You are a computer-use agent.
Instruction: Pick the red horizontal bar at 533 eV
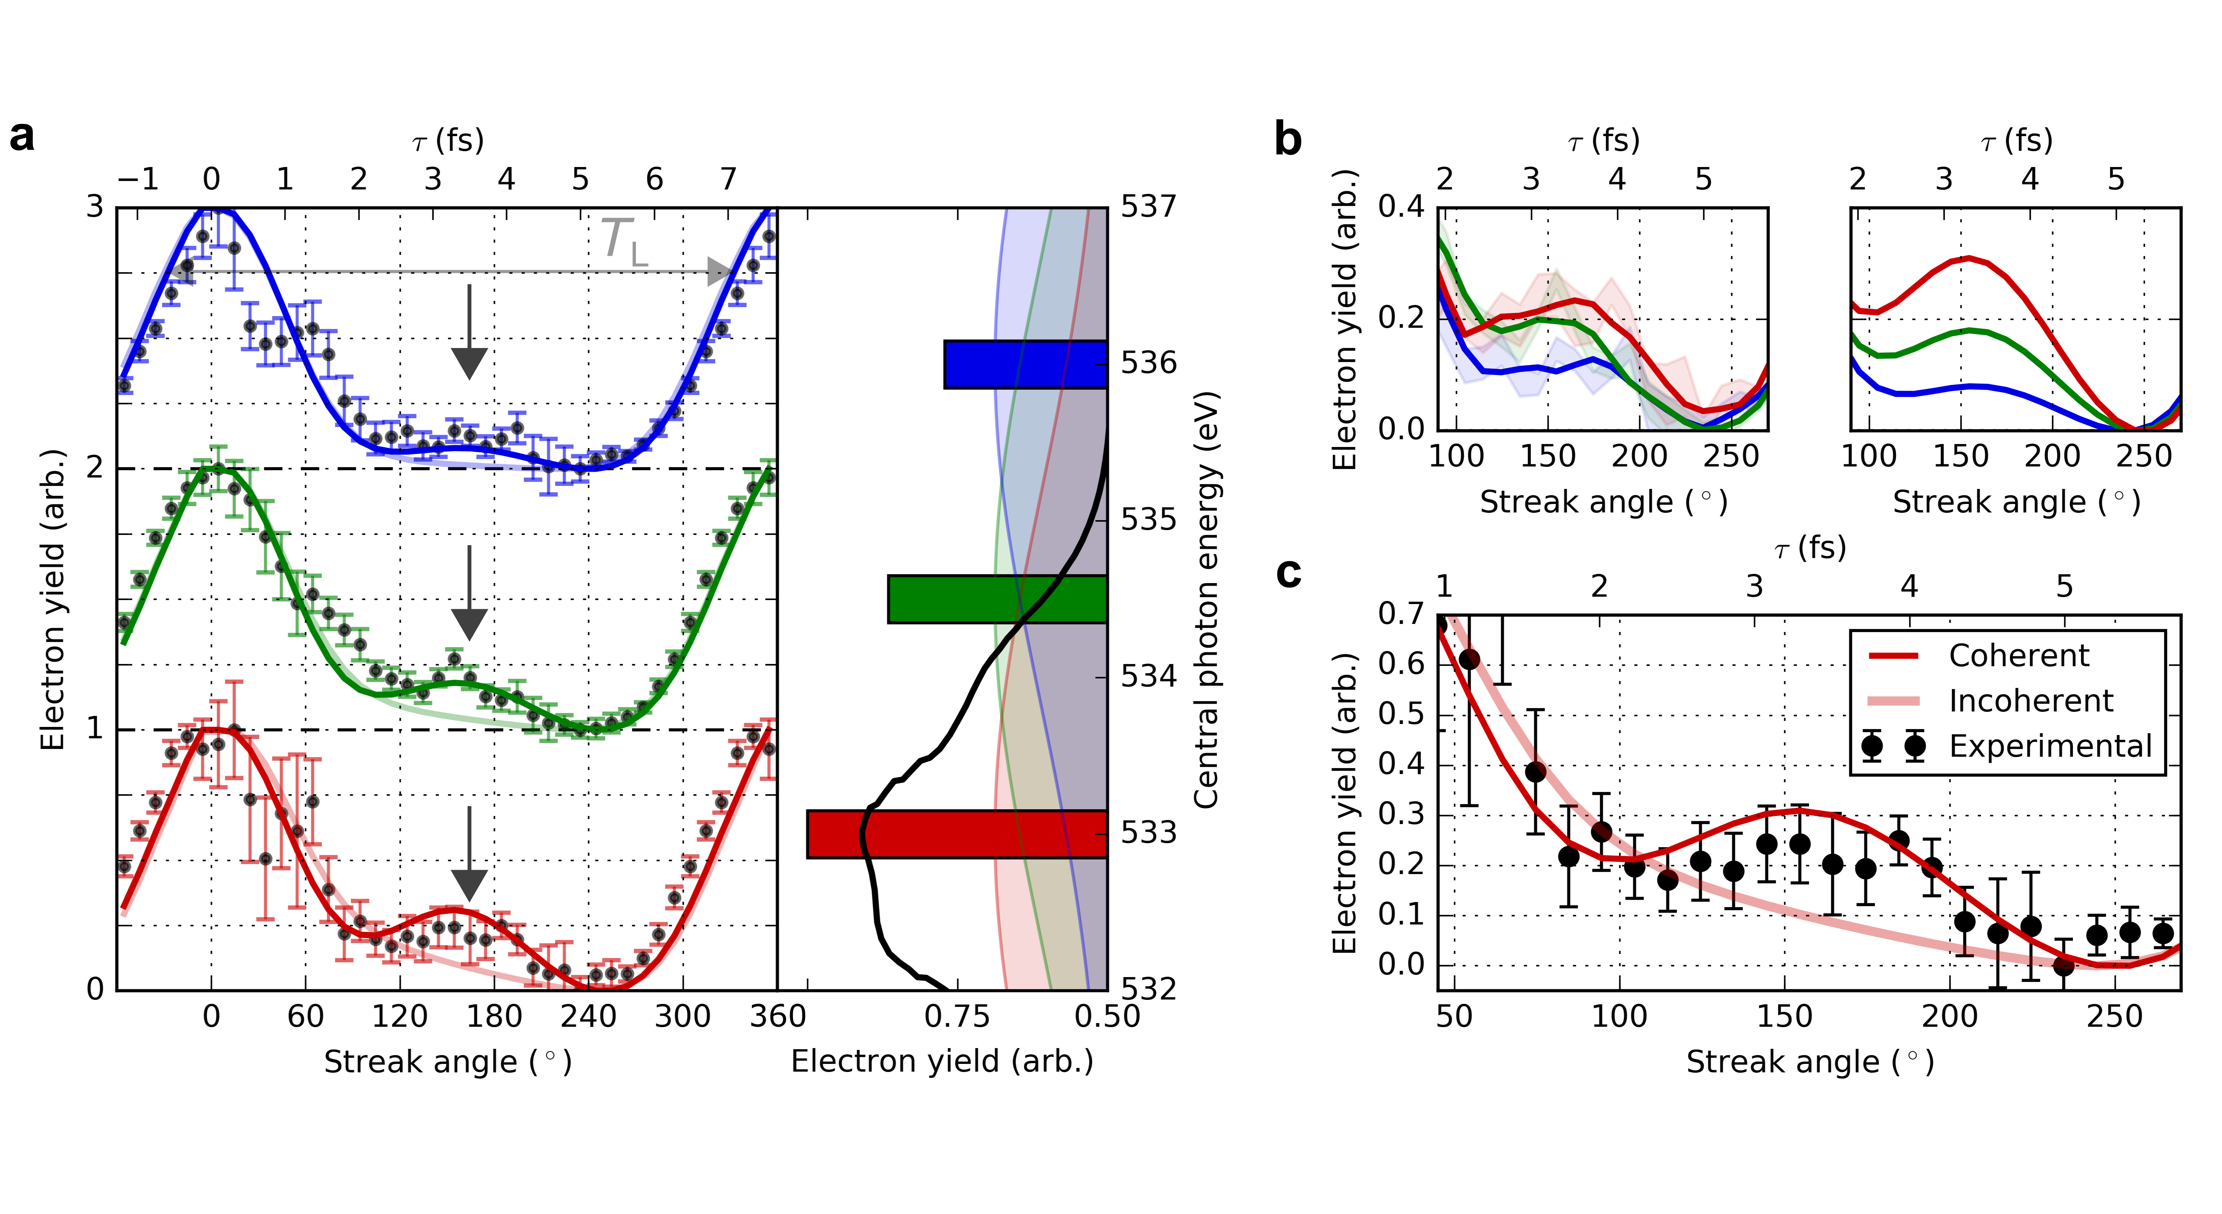pyautogui.click(x=956, y=834)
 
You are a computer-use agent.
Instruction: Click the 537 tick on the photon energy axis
pyautogui.click(x=1148, y=207)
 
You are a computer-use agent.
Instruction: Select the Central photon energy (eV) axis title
pyautogui.click(x=1206, y=599)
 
